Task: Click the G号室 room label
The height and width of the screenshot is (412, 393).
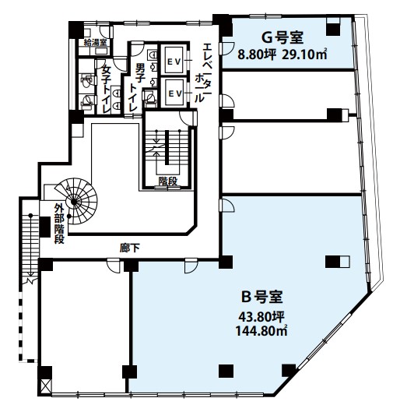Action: click(x=282, y=37)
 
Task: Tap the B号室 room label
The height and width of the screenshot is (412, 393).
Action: click(x=261, y=297)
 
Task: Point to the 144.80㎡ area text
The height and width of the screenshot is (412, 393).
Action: click(x=261, y=330)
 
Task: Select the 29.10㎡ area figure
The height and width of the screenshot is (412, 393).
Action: click(x=304, y=55)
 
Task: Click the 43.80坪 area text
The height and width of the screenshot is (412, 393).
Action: click(x=261, y=317)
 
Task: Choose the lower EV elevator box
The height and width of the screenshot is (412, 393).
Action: click(x=174, y=93)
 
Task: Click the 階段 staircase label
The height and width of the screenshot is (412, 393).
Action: click(x=167, y=181)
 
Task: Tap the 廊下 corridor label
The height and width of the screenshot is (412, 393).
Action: click(x=129, y=248)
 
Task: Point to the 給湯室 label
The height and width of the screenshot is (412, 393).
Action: click(x=94, y=43)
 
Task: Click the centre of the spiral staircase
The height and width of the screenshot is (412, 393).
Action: click(x=74, y=202)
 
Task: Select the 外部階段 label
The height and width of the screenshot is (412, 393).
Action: click(x=59, y=224)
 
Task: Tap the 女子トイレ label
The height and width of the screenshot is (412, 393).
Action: click(x=107, y=89)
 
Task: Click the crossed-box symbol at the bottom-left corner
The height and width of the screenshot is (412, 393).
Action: click(x=45, y=386)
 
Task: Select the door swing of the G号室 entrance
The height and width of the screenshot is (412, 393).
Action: click(x=227, y=48)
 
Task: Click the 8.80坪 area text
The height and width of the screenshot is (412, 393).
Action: click(x=257, y=55)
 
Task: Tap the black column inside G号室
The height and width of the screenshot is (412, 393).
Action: click(x=333, y=30)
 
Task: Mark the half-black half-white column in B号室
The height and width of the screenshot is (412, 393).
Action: click(x=337, y=262)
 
